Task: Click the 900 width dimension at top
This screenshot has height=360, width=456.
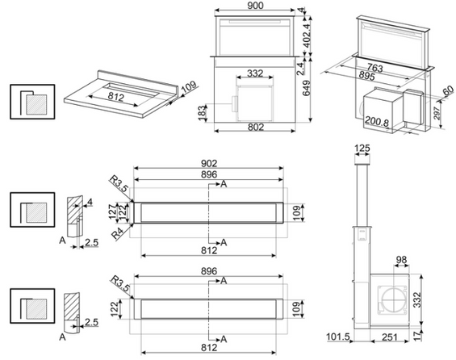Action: (x=255, y=6)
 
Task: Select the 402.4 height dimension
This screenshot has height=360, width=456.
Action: (x=307, y=36)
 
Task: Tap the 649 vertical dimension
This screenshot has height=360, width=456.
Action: (x=306, y=88)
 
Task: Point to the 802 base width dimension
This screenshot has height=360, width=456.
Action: (x=256, y=127)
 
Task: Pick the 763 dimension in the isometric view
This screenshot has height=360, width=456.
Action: (x=374, y=68)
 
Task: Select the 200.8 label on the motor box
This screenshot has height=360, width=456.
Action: (x=377, y=121)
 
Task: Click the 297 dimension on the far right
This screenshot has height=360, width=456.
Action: (x=437, y=113)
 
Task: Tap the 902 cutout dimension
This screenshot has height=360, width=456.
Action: (x=209, y=163)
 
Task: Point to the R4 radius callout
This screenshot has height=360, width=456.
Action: (x=119, y=234)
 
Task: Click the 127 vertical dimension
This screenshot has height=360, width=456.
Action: (x=113, y=212)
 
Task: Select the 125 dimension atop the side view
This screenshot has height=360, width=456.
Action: (x=362, y=149)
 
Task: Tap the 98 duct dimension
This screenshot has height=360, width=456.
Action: (x=401, y=259)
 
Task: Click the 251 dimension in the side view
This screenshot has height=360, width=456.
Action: (x=390, y=337)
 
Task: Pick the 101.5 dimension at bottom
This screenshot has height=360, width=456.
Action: (x=338, y=337)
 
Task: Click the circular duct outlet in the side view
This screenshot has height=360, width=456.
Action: (x=394, y=299)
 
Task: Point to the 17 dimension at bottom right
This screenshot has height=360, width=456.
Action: (x=417, y=336)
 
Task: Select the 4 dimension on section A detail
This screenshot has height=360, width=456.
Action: (x=90, y=202)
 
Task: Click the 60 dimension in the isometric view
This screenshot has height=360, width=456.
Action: (x=448, y=90)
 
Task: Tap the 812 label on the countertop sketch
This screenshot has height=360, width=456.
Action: (x=116, y=96)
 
